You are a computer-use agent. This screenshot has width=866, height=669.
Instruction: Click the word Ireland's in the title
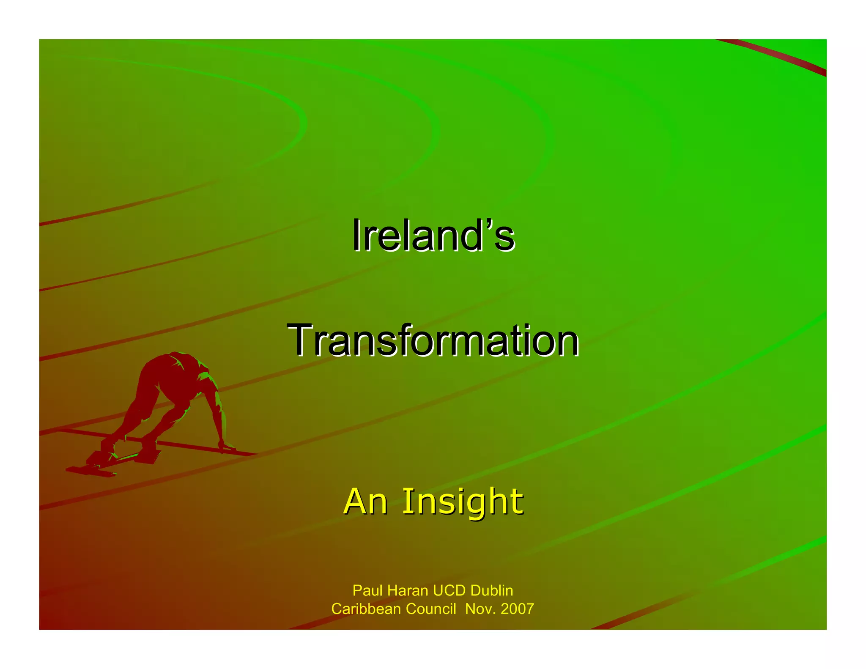[x=433, y=235]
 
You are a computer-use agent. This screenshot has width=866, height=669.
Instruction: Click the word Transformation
[x=433, y=340]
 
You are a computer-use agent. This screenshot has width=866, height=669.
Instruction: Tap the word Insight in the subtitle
[x=462, y=502]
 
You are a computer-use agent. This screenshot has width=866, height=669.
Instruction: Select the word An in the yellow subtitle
[x=366, y=502]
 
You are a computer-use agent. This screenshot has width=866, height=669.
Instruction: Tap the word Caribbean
[x=366, y=609]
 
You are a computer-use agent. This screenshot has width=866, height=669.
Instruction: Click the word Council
[x=431, y=609]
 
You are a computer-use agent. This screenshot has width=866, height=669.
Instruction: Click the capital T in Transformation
[x=301, y=340]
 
